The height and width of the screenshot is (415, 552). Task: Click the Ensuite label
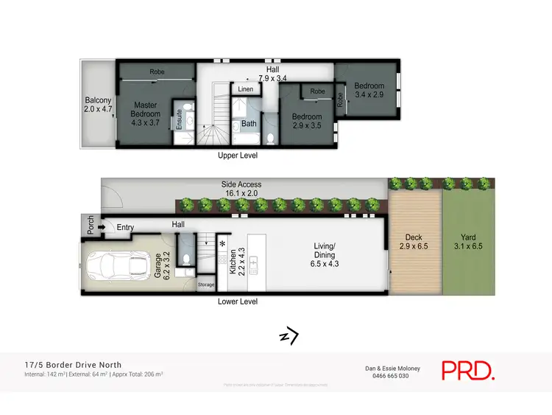point(179,119)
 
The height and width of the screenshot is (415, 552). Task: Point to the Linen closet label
point(246,89)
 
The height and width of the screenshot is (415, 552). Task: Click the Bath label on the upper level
point(249,123)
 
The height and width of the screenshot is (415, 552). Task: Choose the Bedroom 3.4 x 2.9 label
point(369,91)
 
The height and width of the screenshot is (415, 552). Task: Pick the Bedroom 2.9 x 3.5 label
point(307,121)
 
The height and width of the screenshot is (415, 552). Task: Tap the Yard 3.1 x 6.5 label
point(467,242)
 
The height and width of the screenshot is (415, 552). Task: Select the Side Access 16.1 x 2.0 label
point(241,189)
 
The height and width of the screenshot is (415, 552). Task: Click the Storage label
point(206,285)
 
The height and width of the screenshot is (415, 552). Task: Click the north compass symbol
point(289,336)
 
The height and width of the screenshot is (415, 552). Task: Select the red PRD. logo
point(468,370)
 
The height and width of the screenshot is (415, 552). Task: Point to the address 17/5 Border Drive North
point(72,364)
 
